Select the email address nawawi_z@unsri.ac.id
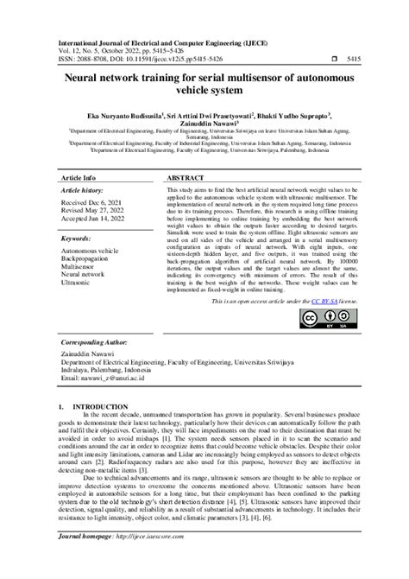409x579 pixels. pos(111,378)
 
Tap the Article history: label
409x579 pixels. pos(90,190)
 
